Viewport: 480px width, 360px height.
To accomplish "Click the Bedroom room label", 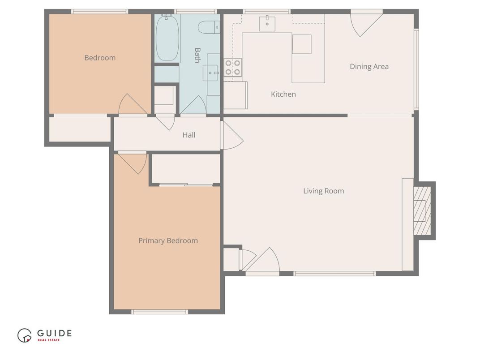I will click(x=100, y=58).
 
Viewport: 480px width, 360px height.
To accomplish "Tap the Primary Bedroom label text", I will click(x=168, y=241).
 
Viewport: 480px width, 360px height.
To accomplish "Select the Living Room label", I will click(x=323, y=191).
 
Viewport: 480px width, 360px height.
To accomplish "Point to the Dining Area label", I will click(x=369, y=67).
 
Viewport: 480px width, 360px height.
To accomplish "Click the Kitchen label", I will click(x=283, y=94).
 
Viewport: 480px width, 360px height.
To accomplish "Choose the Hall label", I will click(x=189, y=135).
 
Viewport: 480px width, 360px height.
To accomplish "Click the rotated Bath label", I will click(x=197, y=55).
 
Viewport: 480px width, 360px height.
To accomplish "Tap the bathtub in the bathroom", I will click(x=167, y=39).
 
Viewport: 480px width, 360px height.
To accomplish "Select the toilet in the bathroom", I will click(x=208, y=27).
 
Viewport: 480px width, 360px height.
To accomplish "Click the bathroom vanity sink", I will click(x=210, y=73).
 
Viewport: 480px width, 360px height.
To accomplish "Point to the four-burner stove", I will click(x=232, y=68).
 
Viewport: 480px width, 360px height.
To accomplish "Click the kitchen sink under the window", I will click(x=267, y=23).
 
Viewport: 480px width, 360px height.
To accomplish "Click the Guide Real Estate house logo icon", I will click(x=24, y=335).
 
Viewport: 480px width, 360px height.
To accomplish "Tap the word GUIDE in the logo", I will click(x=54, y=333).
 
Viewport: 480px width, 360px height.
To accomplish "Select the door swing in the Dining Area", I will click(x=364, y=23).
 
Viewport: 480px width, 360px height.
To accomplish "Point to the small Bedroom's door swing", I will click(x=131, y=105).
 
